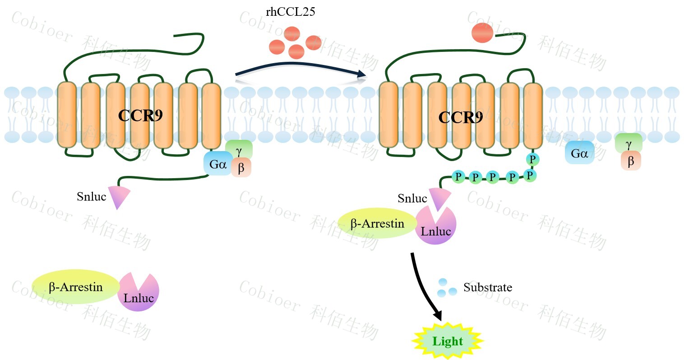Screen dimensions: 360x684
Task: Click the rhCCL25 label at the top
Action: [290, 12]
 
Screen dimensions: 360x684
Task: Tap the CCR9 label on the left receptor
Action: [140, 116]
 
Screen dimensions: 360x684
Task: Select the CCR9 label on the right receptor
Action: [461, 118]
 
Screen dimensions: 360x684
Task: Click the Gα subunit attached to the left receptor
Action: [218, 164]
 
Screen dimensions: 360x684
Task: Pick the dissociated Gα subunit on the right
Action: [579, 154]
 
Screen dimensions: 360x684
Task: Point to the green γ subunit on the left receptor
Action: [239, 148]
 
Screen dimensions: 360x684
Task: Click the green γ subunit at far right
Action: [629, 143]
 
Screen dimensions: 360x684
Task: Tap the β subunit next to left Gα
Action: [241, 168]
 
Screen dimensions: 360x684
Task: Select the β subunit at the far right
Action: [631, 161]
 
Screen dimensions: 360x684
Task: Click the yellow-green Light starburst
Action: [448, 341]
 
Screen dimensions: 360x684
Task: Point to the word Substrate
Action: [487, 287]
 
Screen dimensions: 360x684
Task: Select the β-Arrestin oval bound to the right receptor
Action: [377, 223]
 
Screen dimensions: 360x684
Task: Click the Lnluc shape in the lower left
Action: [139, 293]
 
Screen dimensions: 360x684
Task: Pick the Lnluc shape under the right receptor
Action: [436, 228]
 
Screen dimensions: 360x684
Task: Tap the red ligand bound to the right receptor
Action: [482, 33]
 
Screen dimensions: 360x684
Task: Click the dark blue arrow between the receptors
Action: [300, 69]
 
